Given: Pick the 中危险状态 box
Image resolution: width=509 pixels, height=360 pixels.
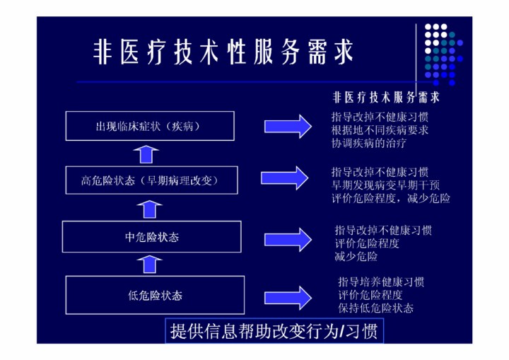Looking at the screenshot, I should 152,236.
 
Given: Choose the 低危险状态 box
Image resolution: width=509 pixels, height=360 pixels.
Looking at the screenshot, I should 155,294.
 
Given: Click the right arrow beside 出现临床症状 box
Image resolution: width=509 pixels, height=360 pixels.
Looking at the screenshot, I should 288,127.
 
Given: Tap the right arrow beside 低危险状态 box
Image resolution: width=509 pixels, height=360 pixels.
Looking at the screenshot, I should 288,296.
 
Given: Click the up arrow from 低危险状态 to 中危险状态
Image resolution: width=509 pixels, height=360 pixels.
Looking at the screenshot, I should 149,263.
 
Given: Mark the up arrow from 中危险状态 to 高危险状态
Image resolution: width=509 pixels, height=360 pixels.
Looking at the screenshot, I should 149,208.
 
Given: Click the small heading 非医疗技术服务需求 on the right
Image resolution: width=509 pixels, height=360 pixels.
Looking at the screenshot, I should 386,97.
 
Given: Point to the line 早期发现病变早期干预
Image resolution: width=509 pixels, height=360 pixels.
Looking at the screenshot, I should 386,185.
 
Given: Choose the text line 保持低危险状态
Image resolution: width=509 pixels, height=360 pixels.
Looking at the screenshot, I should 376,308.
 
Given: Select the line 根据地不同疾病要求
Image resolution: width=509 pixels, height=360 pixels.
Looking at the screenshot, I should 380,130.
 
